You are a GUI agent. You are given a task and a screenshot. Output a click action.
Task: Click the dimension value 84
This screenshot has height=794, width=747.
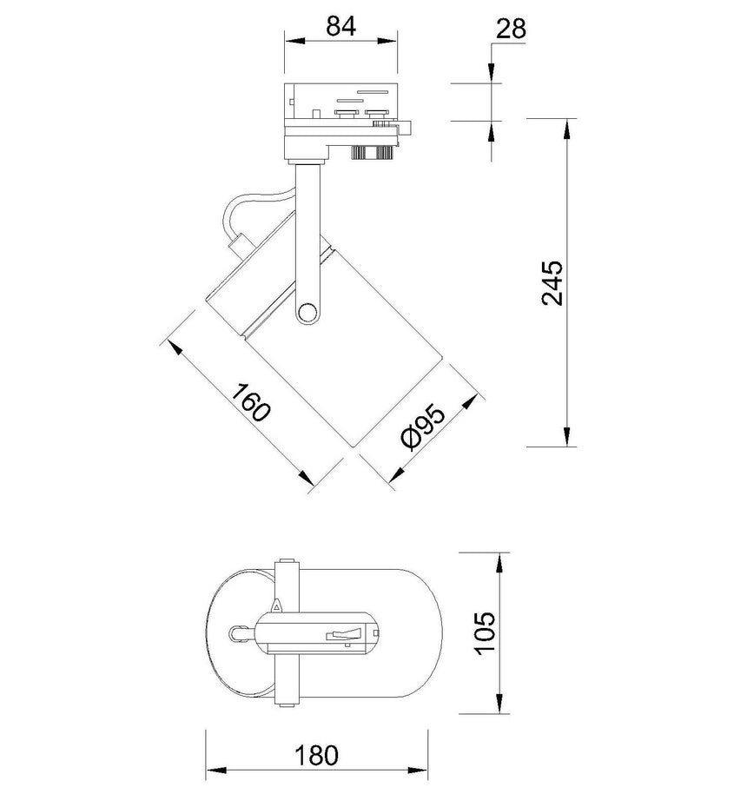coord(340,26)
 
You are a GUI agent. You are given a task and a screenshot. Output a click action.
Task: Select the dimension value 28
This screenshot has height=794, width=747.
coord(512,29)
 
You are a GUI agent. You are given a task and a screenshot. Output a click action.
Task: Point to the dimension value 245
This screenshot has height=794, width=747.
coord(552,282)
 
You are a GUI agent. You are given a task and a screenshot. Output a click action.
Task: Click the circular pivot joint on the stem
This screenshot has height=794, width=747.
coord(307,313)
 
